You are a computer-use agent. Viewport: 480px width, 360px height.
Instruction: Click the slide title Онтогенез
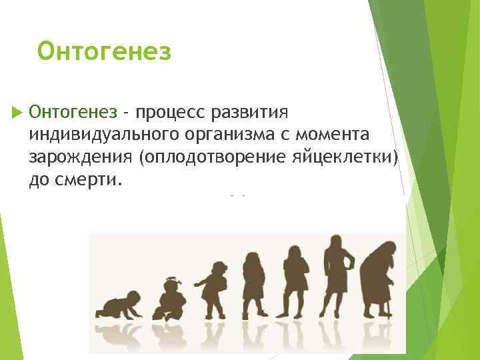click(x=105, y=51)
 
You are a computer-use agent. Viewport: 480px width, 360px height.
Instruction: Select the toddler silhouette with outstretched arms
click(x=213, y=289)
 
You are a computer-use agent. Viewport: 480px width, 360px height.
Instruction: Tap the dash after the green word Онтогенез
click(x=125, y=110)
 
